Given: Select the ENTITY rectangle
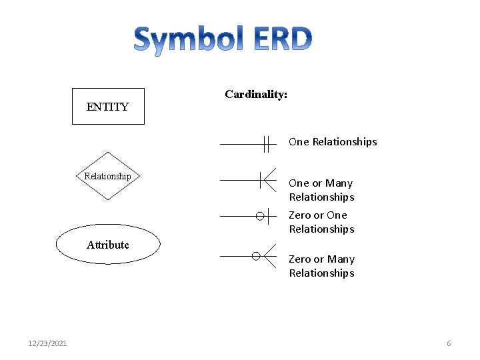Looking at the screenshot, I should point(108,107).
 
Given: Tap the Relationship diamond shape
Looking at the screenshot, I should point(107,177).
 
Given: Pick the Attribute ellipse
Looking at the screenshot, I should point(108,245).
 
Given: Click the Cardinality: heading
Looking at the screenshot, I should point(256,95).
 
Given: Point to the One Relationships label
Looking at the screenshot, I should point(333,141).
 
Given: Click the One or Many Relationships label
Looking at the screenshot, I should point(321,190).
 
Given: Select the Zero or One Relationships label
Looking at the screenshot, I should point(321,222).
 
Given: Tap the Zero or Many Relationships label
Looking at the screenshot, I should point(321,266).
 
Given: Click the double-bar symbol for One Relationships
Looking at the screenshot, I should point(267,143).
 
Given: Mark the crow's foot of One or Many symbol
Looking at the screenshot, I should point(269,180).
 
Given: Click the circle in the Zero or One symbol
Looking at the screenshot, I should point(260,216).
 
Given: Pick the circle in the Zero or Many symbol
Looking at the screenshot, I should point(256,255).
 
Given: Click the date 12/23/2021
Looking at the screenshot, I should point(47,343).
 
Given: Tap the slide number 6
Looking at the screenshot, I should point(449,343).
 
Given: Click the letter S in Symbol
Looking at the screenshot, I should point(144,40).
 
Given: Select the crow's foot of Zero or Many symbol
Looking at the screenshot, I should point(269,255).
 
